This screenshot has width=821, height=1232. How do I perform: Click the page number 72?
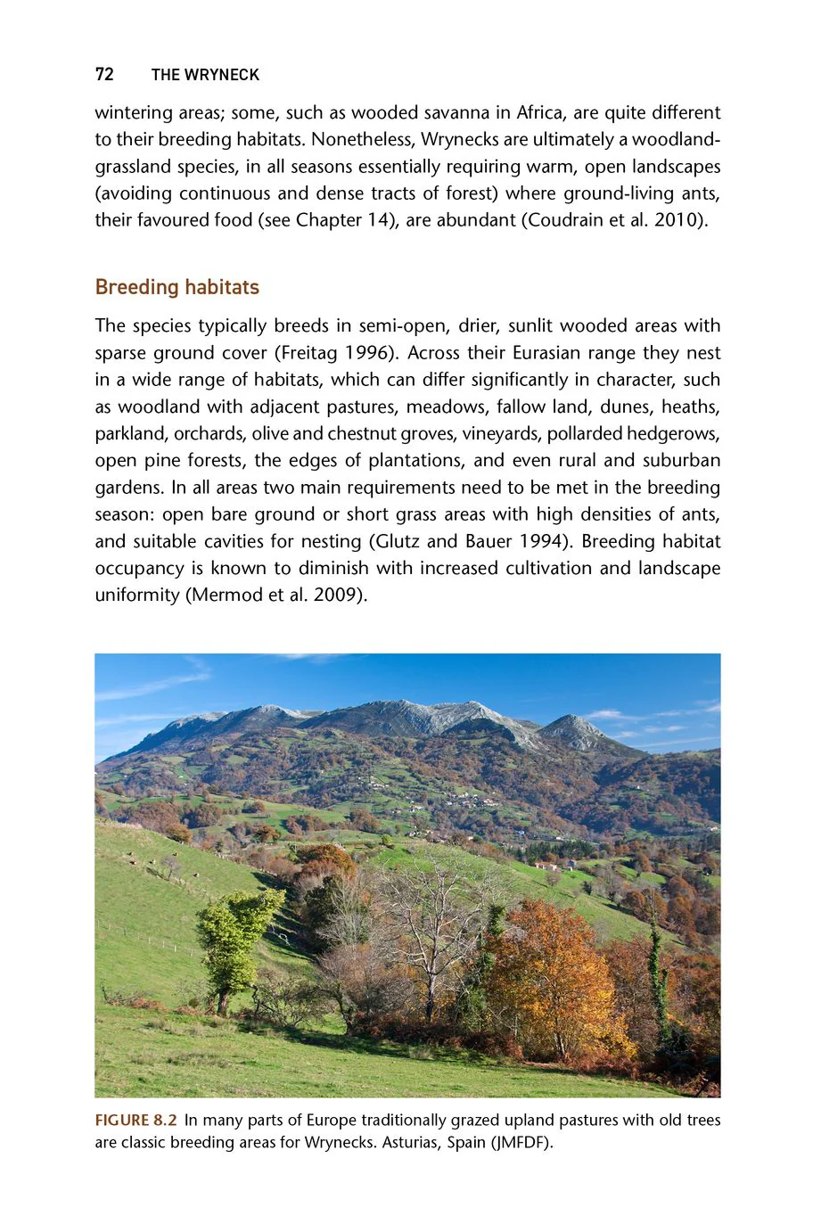click(104, 75)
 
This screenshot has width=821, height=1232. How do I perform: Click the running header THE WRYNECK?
click(205, 75)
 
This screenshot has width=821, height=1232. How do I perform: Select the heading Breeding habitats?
click(177, 287)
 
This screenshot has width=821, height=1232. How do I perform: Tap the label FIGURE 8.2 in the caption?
click(135, 1121)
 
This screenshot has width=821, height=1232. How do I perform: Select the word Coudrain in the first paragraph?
click(566, 220)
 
